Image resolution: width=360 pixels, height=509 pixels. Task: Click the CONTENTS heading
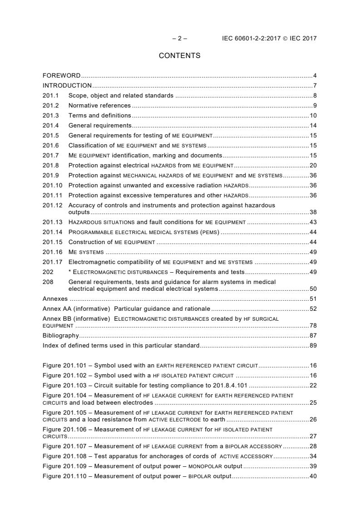[179, 56]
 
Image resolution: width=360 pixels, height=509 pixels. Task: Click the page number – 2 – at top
[180, 39]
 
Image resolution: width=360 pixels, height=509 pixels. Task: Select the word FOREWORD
[62, 75]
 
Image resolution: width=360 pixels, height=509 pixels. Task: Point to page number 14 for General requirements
[313, 125]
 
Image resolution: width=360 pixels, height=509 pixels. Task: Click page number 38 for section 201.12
[313, 212]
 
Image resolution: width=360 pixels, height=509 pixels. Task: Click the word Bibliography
[61, 335]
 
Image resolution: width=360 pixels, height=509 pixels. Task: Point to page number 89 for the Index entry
[313, 345]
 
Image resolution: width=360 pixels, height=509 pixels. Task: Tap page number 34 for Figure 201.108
[313, 456]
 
